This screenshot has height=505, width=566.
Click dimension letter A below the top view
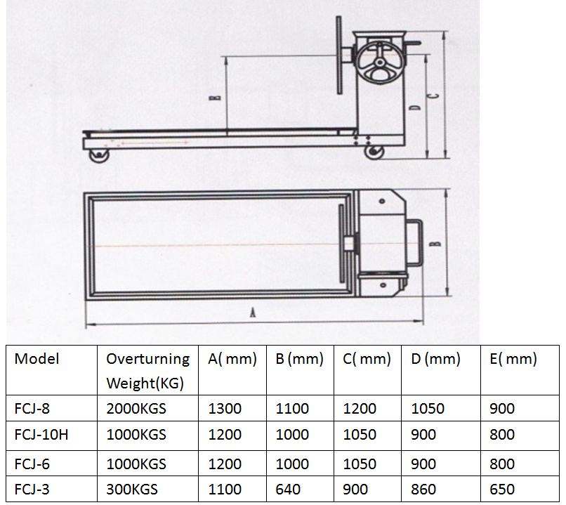(x=251, y=314)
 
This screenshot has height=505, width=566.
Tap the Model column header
(x=37, y=359)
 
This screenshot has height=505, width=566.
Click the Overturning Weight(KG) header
(x=147, y=371)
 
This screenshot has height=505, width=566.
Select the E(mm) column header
(x=513, y=359)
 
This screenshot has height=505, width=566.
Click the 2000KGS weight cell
(x=136, y=409)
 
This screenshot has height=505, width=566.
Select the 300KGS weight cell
(x=132, y=489)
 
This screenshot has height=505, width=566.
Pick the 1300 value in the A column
(x=225, y=409)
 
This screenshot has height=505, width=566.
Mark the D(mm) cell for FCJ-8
(x=428, y=409)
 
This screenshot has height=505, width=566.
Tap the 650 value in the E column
(x=501, y=489)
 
